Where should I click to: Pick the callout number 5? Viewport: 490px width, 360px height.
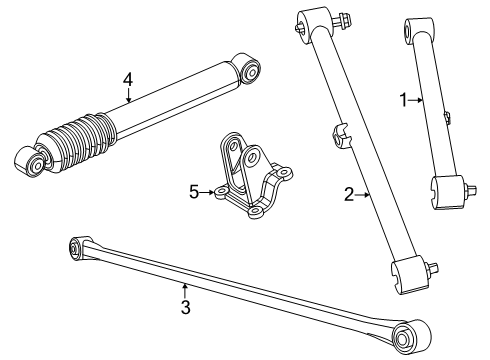[x=196, y=190]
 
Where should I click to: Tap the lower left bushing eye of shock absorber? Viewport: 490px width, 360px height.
[x=32, y=161]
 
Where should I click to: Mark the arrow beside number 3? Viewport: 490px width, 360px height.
[x=185, y=288]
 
